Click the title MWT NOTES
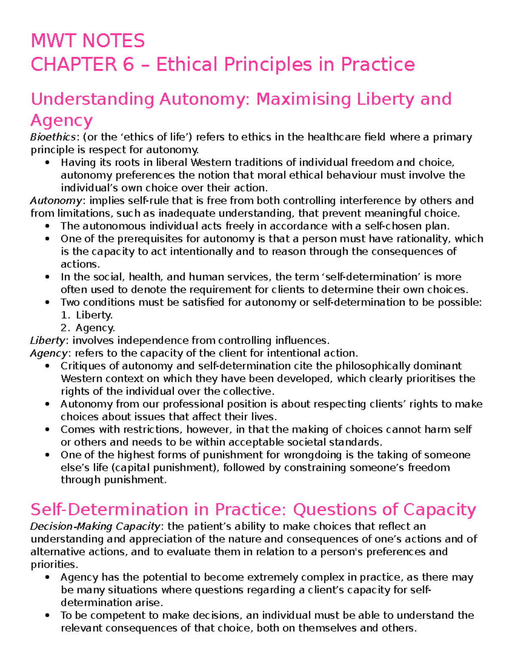pyautogui.click(x=88, y=41)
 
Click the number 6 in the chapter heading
pyautogui.click(x=127, y=65)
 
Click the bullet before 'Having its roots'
pyautogui.click(x=47, y=163)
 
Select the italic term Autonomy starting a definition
pyautogui.click(x=56, y=201)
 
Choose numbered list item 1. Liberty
pyautogui.click(x=87, y=315)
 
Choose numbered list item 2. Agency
pyautogui.click(x=88, y=328)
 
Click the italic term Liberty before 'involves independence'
pyautogui.click(x=48, y=341)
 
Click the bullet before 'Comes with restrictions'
pyautogui.click(x=47, y=430)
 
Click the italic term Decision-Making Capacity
pyautogui.click(x=95, y=526)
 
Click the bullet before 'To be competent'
pyautogui.click(x=47, y=615)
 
